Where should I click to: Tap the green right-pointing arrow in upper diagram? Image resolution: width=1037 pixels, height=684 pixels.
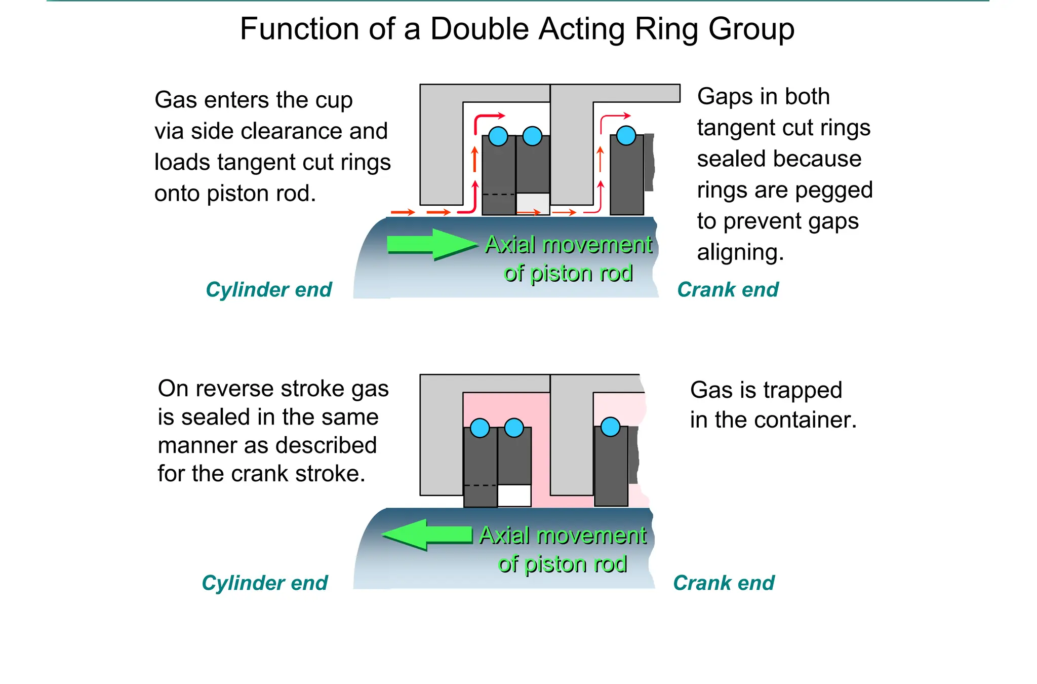click(430, 245)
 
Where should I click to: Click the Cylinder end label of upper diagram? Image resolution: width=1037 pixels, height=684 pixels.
click(268, 290)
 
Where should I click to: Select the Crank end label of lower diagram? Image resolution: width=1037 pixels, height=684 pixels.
click(724, 583)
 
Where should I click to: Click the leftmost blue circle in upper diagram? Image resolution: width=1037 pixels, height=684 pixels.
click(498, 136)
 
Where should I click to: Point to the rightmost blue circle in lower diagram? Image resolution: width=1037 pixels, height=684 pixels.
click(610, 427)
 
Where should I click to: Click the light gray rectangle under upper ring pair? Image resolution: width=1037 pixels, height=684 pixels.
click(533, 203)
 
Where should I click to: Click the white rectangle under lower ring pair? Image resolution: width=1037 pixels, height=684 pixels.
click(514, 495)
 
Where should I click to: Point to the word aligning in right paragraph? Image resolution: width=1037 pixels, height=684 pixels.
click(740, 252)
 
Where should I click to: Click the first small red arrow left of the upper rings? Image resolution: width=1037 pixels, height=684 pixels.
click(403, 212)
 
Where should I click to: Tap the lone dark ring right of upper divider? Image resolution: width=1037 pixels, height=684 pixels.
click(626, 177)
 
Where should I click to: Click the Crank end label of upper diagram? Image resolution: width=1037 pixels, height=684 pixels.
click(728, 290)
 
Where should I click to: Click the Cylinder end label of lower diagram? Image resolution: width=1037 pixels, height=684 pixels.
click(264, 583)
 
